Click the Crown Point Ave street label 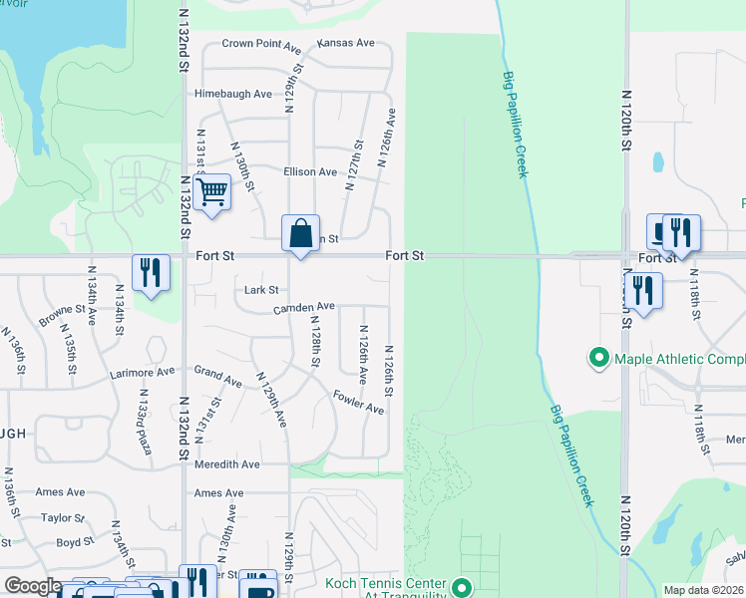[x=261, y=45]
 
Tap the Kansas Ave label [x=345, y=44]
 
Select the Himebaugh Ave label [x=233, y=94]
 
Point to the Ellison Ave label [x=310, y=172]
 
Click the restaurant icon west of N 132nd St [x=151, y=272]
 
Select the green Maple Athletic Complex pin [x=598, y=357]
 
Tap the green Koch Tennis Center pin [x=460, y=586]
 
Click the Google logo [x=33, y=586]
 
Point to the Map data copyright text [x=702, y=590]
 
